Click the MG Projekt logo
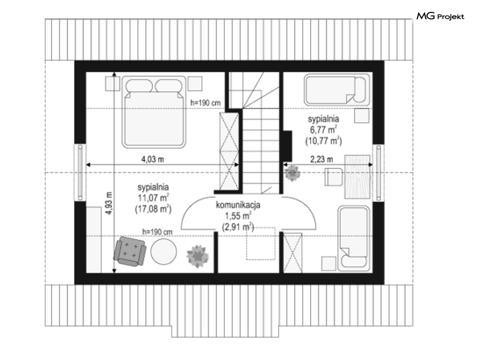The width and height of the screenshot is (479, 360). (x=440, y=16)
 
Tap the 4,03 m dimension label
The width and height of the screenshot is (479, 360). (x=152, y=159)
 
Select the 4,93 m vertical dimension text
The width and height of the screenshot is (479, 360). (x=109, y=203)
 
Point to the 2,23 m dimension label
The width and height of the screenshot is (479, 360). (x=322, y=159)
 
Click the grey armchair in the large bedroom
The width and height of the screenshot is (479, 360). (x=130, y=251)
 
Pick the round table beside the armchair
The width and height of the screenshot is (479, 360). (x=164, y=251)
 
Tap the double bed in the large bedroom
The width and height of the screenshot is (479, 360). (x=154, y=112)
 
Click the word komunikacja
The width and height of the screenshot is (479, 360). (x=238, y=205)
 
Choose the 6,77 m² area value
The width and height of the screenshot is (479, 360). (x=323, y=130)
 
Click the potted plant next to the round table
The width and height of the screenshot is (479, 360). (x=198, y=256)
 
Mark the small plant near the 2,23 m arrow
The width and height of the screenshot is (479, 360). (x=293, y=173)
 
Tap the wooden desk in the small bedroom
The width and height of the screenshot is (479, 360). (x=358, y=177)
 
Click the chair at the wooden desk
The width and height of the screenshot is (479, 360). (x=333, y=177)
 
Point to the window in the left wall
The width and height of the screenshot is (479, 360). (x=80, y=172)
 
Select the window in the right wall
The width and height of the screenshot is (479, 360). (x=378, y=172)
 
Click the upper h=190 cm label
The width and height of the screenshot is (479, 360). (x=205, y=103)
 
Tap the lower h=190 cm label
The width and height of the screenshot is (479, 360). (x=157, y=232)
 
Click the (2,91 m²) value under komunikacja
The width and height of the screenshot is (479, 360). (x=238, y=227)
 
